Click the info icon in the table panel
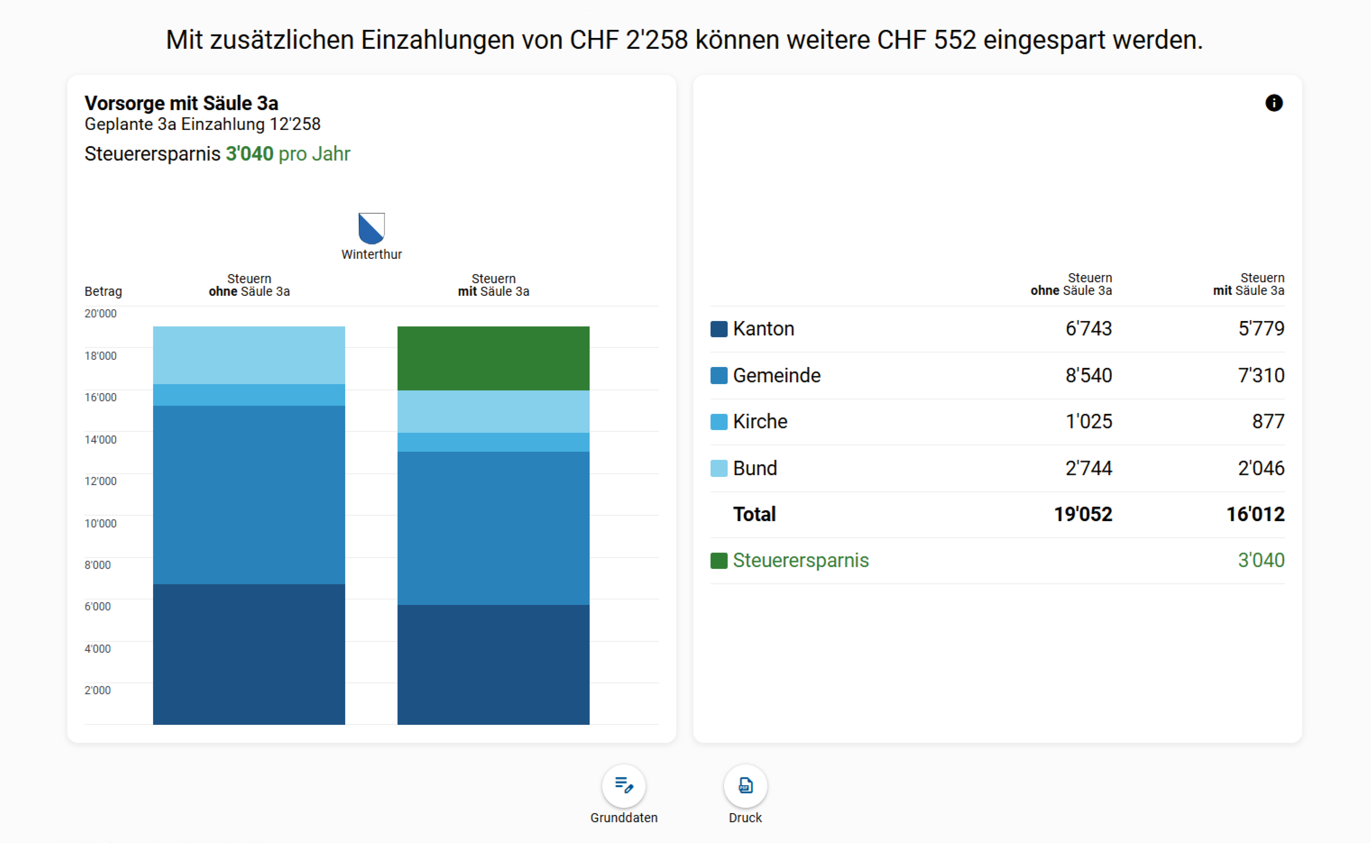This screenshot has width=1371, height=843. click(x=1273, y=103)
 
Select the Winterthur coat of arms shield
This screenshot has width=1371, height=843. click(x=372, y=227)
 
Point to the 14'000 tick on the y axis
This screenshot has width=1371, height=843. click(x=100, y=439)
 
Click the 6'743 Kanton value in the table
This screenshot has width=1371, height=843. click(x=1088, y=328)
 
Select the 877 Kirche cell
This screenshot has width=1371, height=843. click(x=1268, y=421)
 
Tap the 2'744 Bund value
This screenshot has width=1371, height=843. click(x=1088, y=468)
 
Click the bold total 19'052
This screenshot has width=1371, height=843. click(x=1083, y=514)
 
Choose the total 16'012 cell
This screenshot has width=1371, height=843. click(x=1255, y=514)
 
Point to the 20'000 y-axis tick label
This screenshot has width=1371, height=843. click(x=100, y=313)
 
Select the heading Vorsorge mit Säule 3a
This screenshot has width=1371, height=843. click(x=181, y=103)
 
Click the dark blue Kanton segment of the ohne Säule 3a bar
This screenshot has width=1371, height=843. click(x=249, y=654)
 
